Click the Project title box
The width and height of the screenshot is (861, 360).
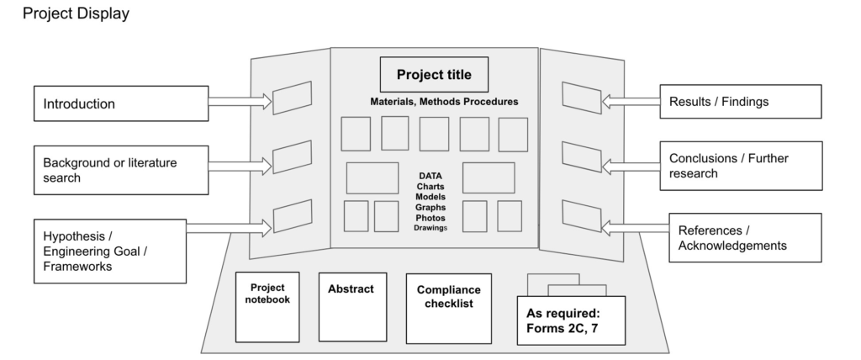434,74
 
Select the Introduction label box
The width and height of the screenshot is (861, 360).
121,103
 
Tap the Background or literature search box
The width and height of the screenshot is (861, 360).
121,170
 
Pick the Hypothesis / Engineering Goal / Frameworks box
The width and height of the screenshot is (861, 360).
110,251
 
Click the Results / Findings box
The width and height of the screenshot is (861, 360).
741,101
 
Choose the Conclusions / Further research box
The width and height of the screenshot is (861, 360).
742,166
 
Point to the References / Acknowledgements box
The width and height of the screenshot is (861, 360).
745,237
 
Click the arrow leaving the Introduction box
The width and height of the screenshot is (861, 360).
240,102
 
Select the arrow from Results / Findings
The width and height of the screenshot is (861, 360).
631,102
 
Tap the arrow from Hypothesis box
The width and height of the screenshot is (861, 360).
229,228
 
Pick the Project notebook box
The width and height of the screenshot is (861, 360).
267,307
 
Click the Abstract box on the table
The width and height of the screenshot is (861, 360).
352,307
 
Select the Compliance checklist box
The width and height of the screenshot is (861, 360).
449,309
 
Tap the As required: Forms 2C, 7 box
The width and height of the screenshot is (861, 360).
571,320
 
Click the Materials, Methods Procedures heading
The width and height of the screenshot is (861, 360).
444,102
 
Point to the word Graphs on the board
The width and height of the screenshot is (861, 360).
430,207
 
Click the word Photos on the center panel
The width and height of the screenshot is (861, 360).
430,218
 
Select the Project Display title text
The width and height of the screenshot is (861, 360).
76,13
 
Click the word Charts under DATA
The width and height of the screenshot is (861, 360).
430,187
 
